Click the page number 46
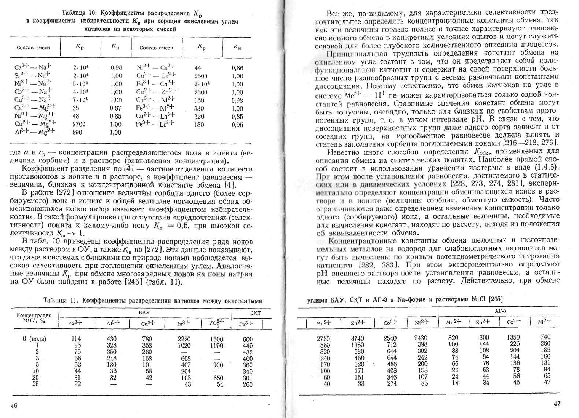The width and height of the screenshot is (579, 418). (14, 405)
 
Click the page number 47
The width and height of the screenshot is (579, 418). (557, 404)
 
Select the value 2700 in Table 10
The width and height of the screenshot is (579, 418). (79, 124)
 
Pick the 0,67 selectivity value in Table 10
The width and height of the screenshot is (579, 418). (115, 108)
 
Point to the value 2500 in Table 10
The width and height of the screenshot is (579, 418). (201, 76)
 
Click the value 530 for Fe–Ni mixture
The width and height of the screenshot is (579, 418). (199, 108)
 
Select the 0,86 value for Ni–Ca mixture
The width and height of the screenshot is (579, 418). (237, 68)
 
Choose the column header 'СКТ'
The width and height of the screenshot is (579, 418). (255, 313)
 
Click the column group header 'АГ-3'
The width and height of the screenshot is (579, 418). (500, 311)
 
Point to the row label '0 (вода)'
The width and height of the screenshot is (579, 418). (34, 339)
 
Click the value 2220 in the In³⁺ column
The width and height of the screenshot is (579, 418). (184, 339)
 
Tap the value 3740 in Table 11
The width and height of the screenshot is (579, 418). (357, 338)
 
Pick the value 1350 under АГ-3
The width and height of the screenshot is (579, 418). (513, 337)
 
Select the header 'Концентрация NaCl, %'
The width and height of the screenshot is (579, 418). (34, 318)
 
